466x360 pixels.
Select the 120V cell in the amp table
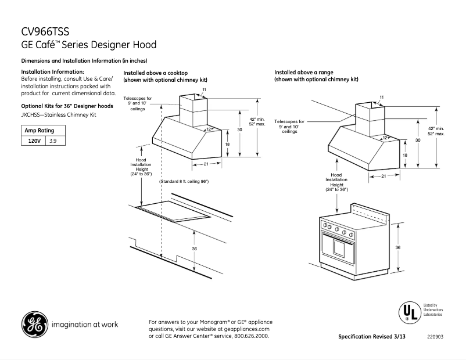pos(34,141)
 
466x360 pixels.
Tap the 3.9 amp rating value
pos(53,141)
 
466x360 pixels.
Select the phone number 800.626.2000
pos(250,336)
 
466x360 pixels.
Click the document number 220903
pos(435,337)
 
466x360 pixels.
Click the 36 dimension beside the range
pos(397,247)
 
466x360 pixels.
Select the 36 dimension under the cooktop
pos(195,249)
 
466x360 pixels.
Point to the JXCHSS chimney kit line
pos(59,115)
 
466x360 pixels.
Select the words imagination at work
pos(85,325)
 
